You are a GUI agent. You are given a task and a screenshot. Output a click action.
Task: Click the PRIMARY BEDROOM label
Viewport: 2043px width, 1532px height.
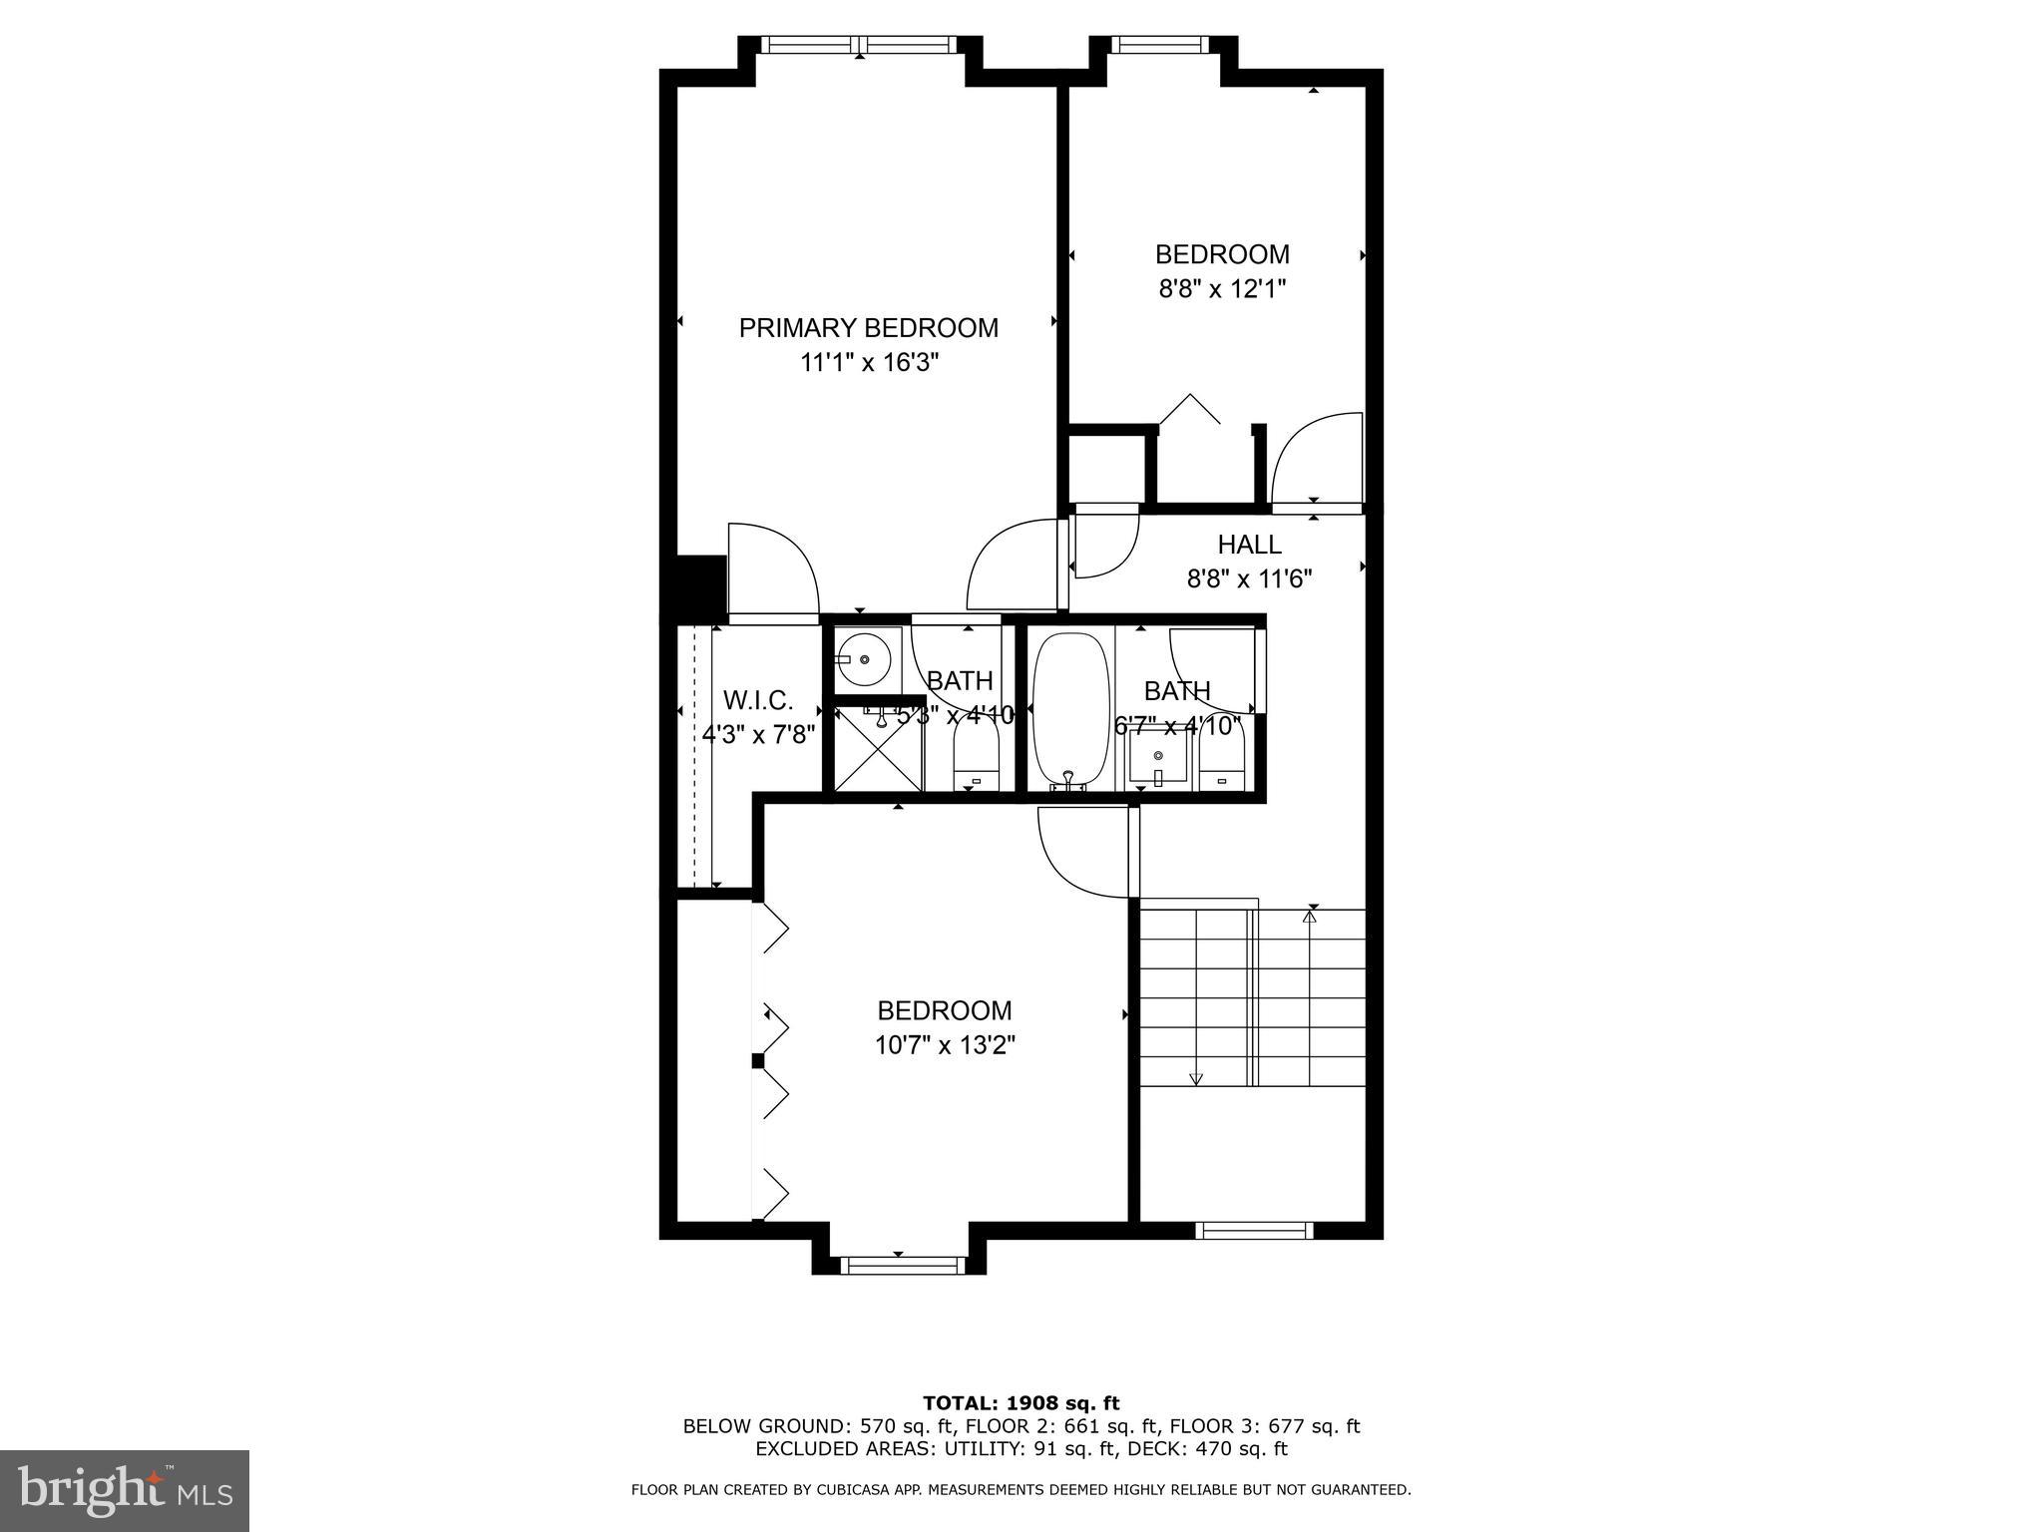coord(868,328)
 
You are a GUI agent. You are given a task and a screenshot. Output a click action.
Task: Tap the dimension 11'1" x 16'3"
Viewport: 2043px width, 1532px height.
coord(870,363)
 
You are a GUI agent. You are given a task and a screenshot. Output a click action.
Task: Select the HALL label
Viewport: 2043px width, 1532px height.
coord(1249,545)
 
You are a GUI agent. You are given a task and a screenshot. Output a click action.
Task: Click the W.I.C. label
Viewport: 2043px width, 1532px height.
coord(758,700)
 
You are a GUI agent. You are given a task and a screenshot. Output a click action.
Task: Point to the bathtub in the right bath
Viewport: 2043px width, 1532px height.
coord(1070,709)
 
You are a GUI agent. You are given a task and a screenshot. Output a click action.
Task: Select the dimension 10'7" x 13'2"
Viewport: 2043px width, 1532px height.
coord(945,1045)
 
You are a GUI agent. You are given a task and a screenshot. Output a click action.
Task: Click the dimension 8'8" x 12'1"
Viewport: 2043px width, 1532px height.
coord(1221,289)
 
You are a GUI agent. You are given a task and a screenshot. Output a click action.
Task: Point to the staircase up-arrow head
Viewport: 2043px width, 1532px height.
coord(1311,914)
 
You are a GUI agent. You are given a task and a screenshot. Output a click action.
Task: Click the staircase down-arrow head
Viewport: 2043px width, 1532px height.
coord(1196,1078)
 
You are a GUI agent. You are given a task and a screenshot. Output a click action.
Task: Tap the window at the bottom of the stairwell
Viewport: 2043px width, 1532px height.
coord(1254,1231)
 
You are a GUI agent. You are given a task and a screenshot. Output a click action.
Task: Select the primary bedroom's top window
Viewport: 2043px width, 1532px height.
coord(860,45)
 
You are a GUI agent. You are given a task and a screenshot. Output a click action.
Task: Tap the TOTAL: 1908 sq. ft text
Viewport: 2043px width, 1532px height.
coord(1021,1404)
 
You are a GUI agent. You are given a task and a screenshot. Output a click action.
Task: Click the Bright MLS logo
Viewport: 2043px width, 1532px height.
coord(125,1490)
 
